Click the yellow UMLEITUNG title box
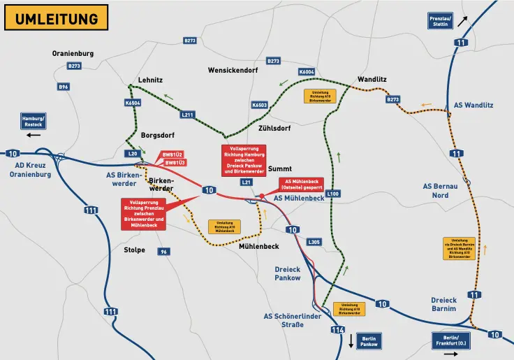coord(57,17)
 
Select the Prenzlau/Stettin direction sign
coord(440,21)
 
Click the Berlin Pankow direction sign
coord(368,340)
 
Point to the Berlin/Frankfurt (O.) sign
coord(453,340)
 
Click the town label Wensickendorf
coord(233,71)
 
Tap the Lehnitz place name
coord(150,80)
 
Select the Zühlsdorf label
coord(274,129)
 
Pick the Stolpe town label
coord(134,250)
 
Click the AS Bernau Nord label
coord(441,190)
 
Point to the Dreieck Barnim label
coord(443,304)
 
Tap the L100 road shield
coord(332,194)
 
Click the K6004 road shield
coord(307,72)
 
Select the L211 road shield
coord(187,115)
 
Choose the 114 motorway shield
coord(338,329)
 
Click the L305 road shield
coord(314,242)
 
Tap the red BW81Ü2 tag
coord(173,154)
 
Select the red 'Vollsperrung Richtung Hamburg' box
coord(242,160)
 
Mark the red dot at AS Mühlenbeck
coord(261,196)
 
